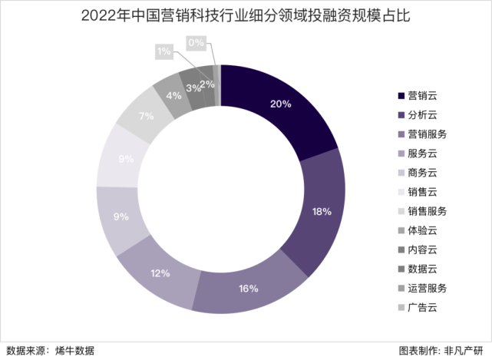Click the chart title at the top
pyautogui.click(x=246, y=15)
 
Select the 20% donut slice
pyautogui.click(x=281, y=104)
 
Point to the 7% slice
pyautogui.click(x=146, y=116)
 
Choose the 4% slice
pyautogui.click(x=173, y=95)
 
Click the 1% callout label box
pyautogui.click(x=163, y=51)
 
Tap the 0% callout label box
pyautogui.click(x=196, y=43)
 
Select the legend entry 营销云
pyautogui.click(x=428, y=96)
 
